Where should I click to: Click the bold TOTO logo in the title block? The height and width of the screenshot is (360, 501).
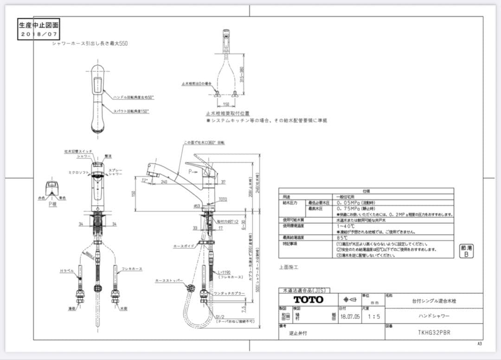[x=308, y=300]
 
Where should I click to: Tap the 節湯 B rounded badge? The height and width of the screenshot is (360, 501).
[x=466, y=251]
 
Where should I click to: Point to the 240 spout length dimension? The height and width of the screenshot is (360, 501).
[x=164, y=182]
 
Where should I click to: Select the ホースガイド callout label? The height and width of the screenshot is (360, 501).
[x=182, y=246]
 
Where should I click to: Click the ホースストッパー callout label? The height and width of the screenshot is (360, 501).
[x=169, y=281]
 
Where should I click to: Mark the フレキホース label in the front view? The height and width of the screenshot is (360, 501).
[x=133, y=269]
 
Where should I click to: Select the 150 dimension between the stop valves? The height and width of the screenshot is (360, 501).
[x=226, y=104]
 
